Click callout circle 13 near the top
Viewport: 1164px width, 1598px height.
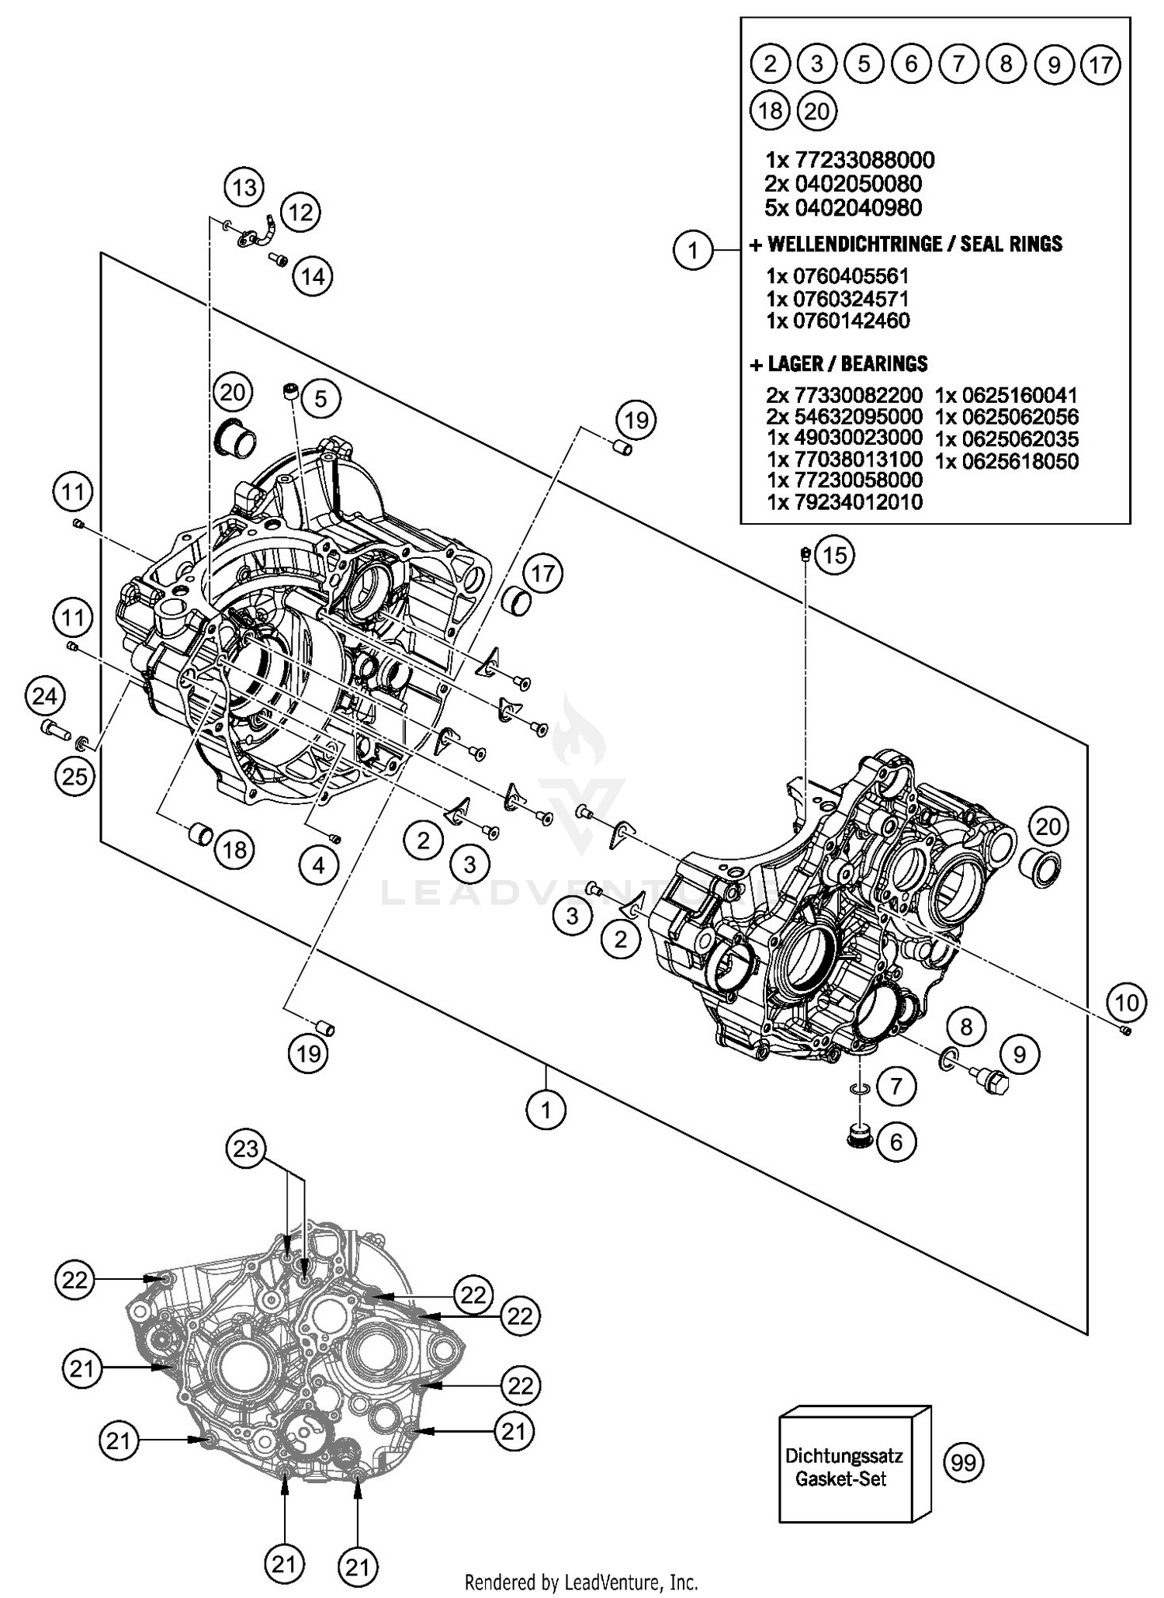pyautogui.click(x=244, y=187)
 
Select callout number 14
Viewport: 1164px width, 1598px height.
pyautogui.click(x=313, y=276)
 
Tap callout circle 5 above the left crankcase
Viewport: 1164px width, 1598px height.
pyautogui.click(x=320, y=399)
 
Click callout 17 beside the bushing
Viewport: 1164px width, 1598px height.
pyautogui.click(x=542, y=574)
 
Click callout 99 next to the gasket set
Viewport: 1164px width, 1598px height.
pyautogui.click(x=963, y=1462)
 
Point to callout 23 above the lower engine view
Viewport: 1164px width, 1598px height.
pyautogui.click(x=246, y=1148)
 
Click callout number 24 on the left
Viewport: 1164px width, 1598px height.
pyautogui.click(x=44, y=695)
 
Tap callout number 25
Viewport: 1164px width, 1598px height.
pyautogui.click(x=74, y=775)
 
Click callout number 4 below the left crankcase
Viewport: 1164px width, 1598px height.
pyautogui.click(x=319, y=865)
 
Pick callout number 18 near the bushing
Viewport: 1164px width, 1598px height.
pyautogui.click(x=234, y=850)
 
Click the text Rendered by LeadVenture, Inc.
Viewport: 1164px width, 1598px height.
pyautogui.click(x=581, y=1582)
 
